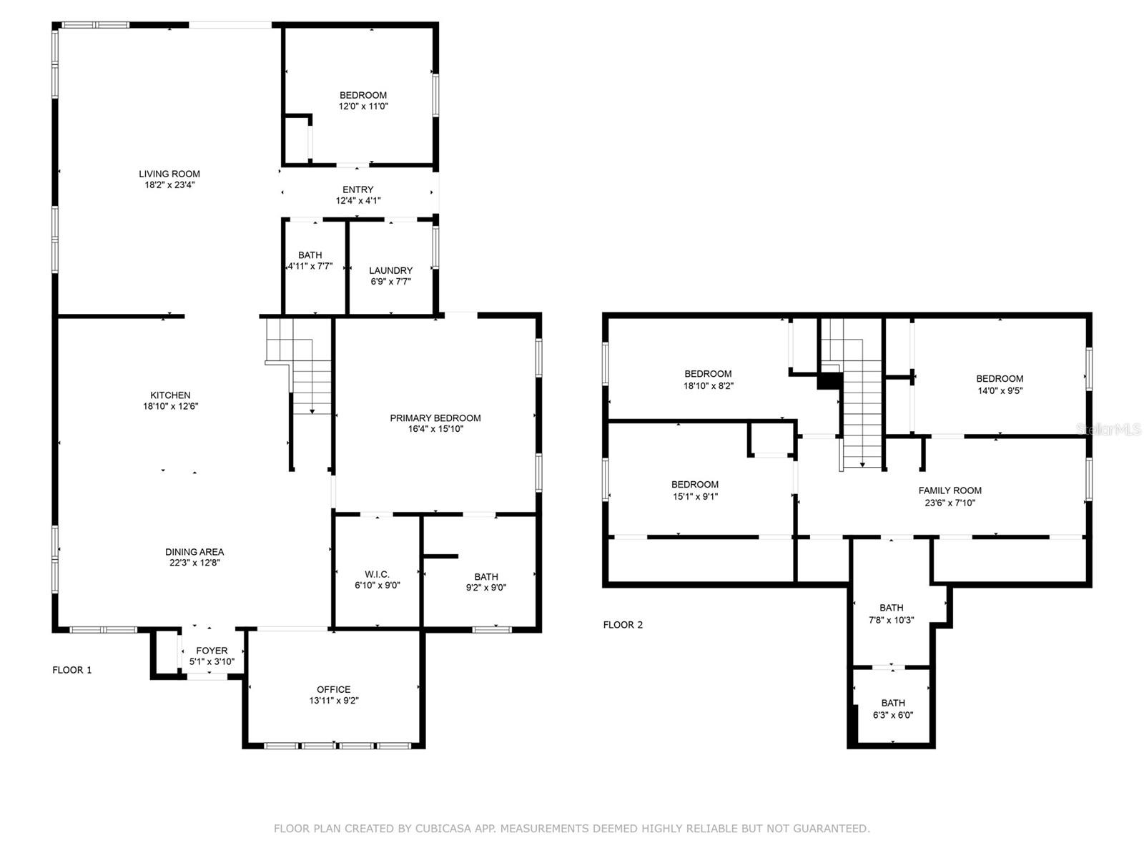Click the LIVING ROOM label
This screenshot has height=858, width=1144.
click(x=169, y=174)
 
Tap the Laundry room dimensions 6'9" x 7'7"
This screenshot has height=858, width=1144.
click(x=390, y=282)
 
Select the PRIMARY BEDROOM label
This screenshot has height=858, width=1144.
click(x=435, y=418)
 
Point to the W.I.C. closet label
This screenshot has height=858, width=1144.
click(x=377, y=574)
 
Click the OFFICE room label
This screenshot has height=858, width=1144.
click(x=334, y=689)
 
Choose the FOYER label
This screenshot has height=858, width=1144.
click(x=212, y=651)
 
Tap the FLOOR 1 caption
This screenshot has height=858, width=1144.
click(x=72, y=670)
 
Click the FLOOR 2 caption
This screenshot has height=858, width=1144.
click(x=623, y=625)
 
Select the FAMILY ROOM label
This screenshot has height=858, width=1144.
click(x=950, y=490)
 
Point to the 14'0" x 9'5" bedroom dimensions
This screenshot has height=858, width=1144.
click(x=1000, y=390)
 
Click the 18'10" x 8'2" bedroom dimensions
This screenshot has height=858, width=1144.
click(x=708, y=385)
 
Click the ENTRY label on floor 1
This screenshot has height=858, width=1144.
click(x=357, y=189)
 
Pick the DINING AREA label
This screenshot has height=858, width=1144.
click(x=194, y=552)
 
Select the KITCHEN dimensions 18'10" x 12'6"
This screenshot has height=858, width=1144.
click(x=170, y=407)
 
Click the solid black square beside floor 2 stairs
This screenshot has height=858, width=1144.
click(x=829, y=381)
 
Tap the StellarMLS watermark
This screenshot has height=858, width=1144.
click(x=1109, y=430)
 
